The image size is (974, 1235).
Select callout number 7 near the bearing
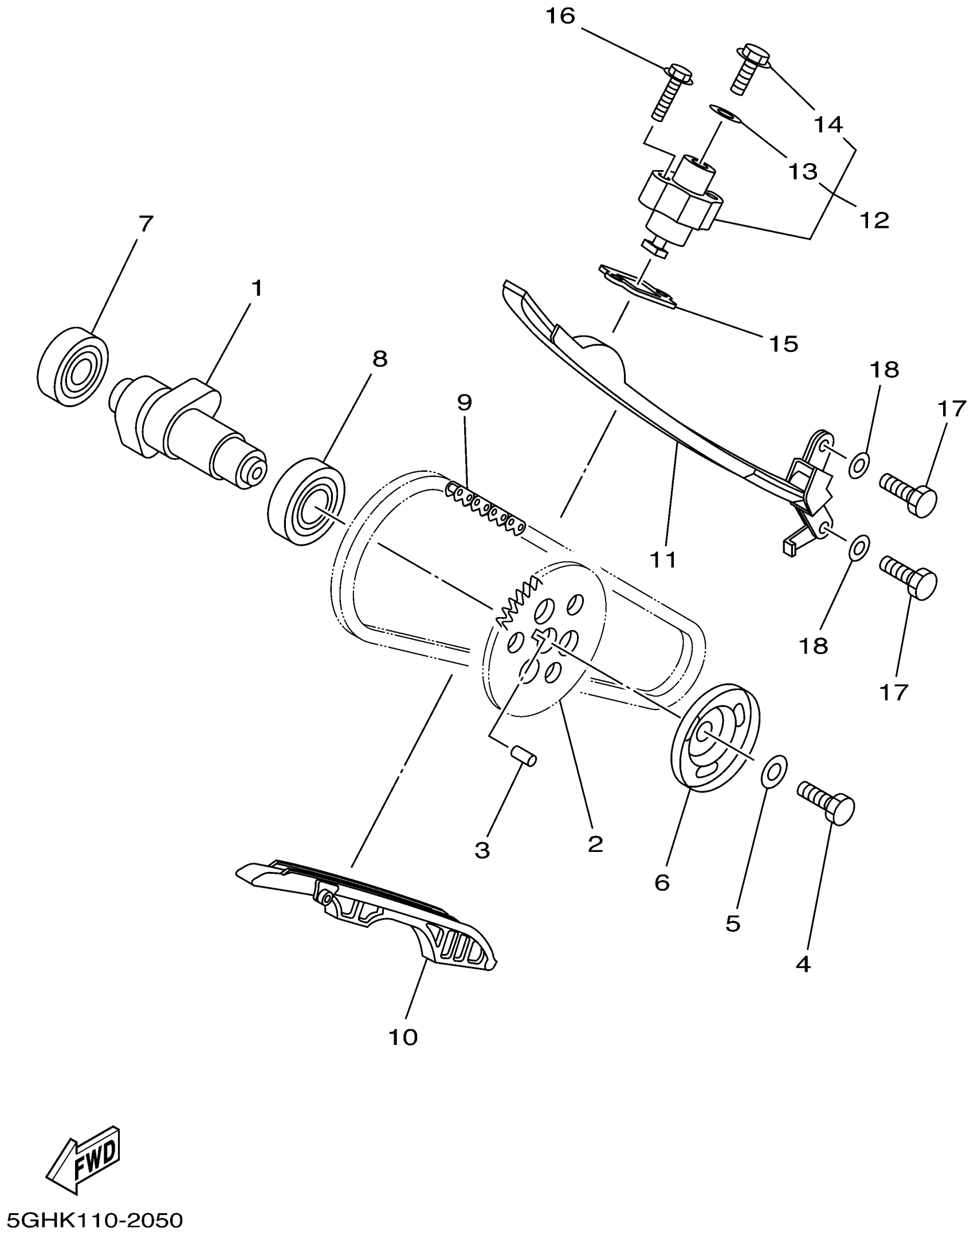(x=146, y=224)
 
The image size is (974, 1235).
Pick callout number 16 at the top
(x=560, y=17)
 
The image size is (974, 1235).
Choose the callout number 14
(x=828, y=124)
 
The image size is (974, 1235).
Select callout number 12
(x=874, y=220)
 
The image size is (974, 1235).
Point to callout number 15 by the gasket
(x=784, y=344)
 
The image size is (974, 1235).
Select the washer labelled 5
(x=774, y=770)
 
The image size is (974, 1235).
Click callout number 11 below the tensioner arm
(x=663, y=559)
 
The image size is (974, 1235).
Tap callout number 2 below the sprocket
(x=595, y=843)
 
